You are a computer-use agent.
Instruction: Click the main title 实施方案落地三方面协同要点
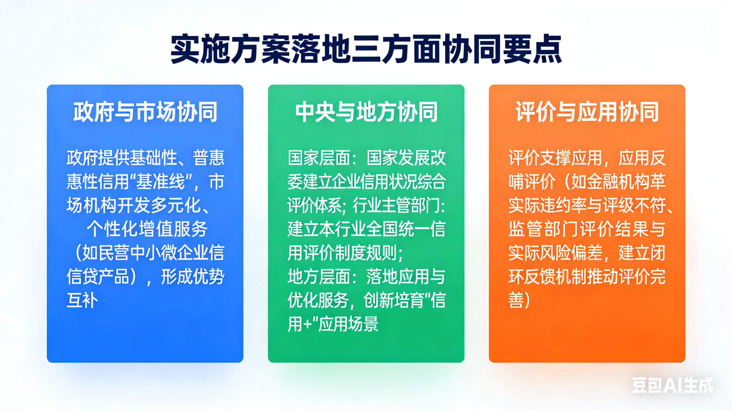[x=366, y=49]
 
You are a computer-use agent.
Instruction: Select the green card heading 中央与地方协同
[x=366, y=112]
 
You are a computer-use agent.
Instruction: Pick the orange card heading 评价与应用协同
[x=587, y=112]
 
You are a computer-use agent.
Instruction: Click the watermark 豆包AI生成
[x=672, y=385]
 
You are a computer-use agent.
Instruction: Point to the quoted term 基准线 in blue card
[x=161, y=182]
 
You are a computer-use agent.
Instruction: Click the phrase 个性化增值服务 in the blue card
[x=147, y=229]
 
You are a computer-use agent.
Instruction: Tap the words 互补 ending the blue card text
[x=82, y=300]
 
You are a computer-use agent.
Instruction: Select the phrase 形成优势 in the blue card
[x=193, y=277]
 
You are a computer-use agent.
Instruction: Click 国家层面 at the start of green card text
[x=319, y=158]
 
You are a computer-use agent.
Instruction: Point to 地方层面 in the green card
[x=319, y=277]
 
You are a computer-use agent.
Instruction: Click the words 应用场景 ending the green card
[x=349, y=324]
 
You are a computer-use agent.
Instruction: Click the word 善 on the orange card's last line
[x=516, y=300]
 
